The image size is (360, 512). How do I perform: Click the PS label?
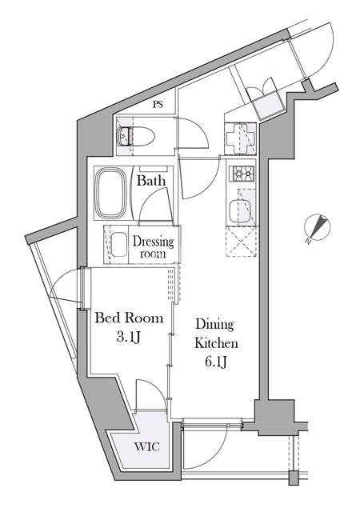pos(158,105)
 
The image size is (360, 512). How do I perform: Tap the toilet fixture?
pos(135,137)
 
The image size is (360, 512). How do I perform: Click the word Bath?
pos(151,181)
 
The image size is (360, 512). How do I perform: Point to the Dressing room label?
pos(153,247)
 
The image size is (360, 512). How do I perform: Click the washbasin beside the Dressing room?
pos(119,245)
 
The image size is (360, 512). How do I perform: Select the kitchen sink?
pos(239,211)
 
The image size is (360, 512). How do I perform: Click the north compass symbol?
pos(316,228)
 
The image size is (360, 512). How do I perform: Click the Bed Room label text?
pos(129,318)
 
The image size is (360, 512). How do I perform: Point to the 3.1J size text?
pos(128,338)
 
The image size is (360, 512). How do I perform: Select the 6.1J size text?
pos(216,362)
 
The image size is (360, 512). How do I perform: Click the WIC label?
pos(148,446)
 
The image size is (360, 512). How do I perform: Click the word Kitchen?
pos(216,343)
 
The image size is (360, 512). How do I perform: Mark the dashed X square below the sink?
pos(241,242)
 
